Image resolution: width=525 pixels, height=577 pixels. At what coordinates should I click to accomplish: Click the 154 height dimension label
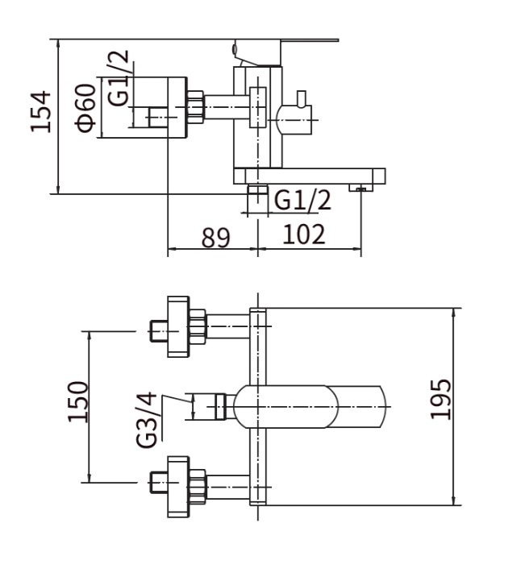click(40, 111)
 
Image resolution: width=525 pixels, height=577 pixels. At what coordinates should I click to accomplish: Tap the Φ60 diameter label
click(85, 108)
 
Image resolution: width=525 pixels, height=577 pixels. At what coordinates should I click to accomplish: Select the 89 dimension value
click(216, 238)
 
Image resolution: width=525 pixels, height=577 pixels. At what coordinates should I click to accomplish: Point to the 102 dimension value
click(304, 234)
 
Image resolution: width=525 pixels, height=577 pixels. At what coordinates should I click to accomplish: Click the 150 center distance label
click(78, 402)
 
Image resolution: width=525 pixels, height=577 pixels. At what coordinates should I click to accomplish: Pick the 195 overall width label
click(440, 399)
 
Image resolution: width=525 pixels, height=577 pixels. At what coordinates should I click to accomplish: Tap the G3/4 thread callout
click(147, 420)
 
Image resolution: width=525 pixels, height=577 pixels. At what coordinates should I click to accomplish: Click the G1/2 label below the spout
click(302, 200)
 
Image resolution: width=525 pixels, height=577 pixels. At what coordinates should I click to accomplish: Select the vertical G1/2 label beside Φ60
click(119, 78)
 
